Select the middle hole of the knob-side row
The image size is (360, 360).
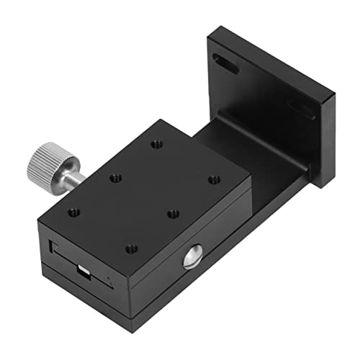point(114,177)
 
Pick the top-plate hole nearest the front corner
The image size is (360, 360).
point(130,248)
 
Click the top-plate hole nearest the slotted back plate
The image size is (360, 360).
point(213,179)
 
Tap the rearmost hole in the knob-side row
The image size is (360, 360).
point(156,144)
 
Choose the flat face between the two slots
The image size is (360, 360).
point(266,86)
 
